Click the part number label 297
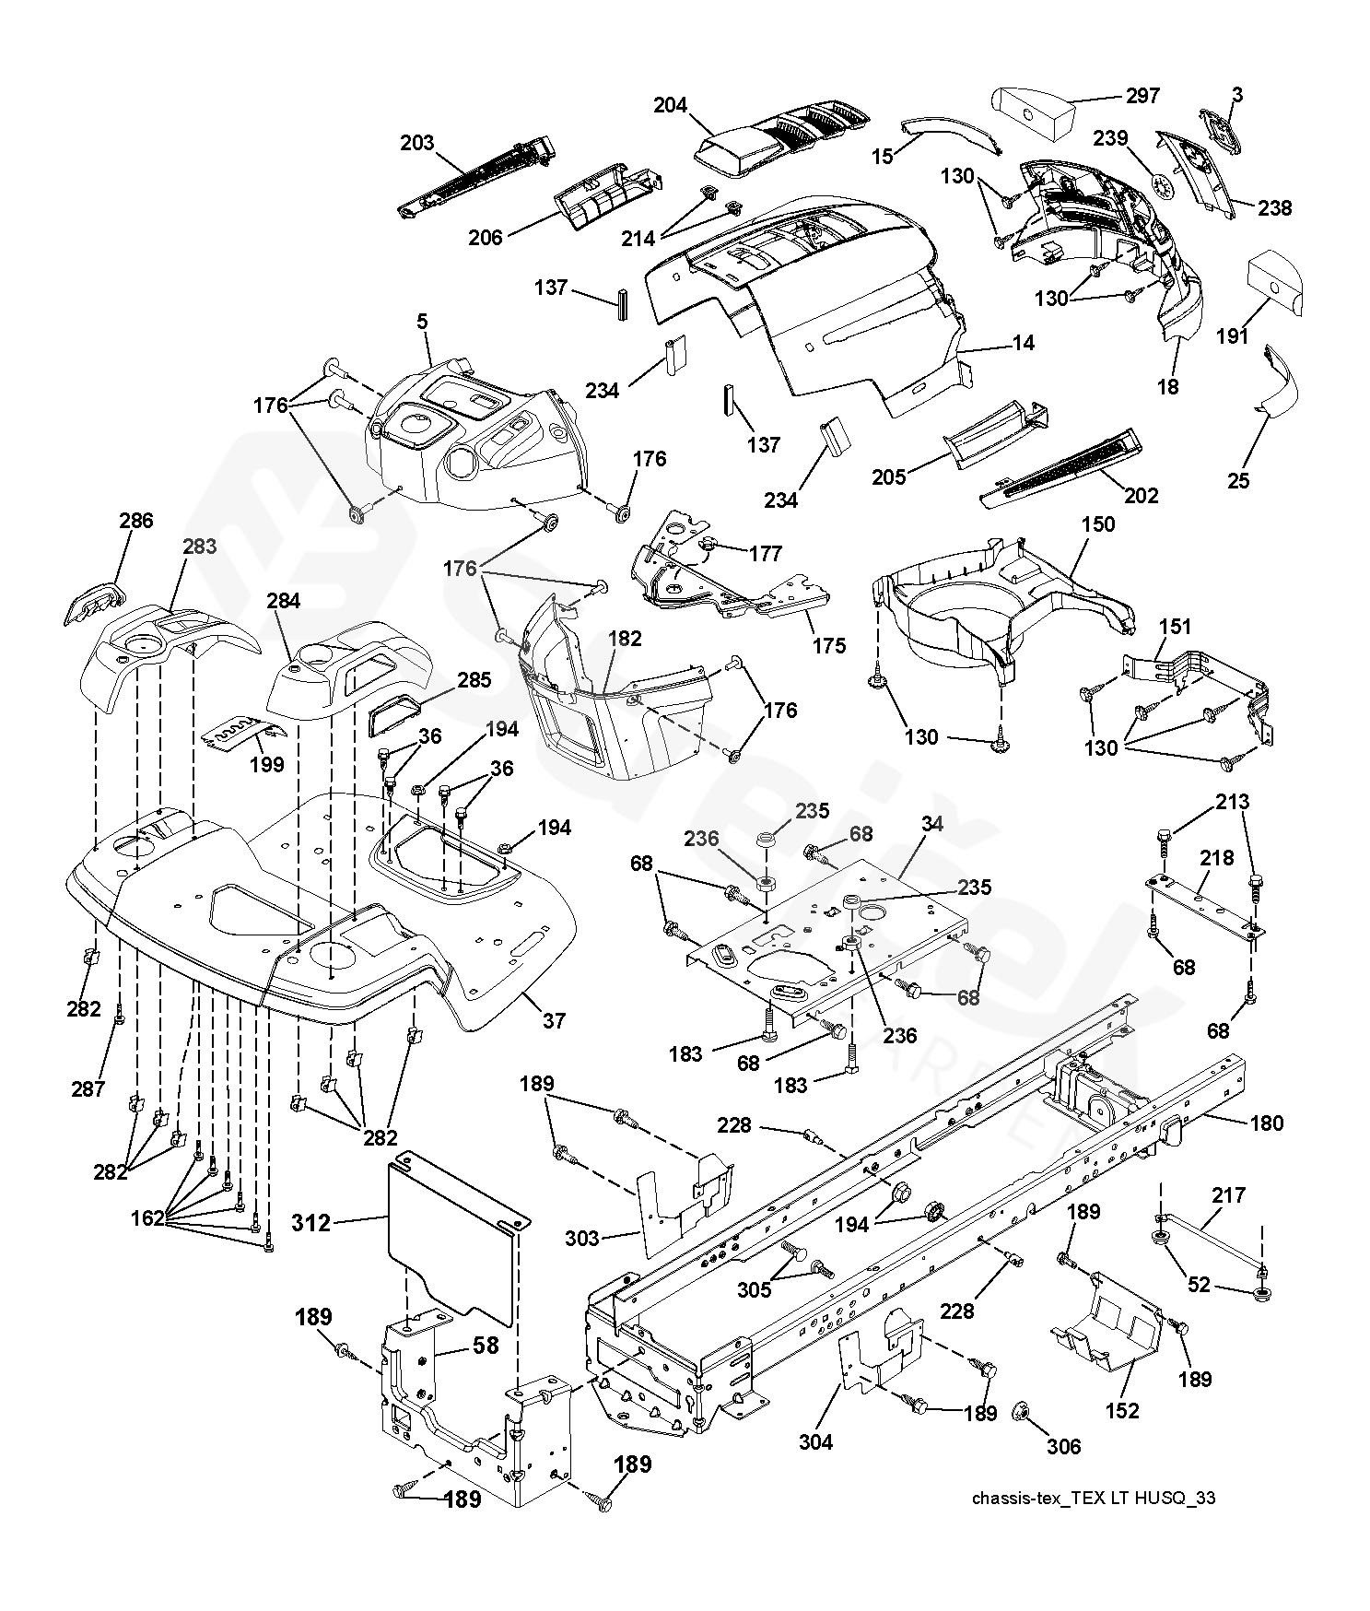pos(1142,96)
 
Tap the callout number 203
pos(416,143)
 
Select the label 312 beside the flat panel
pos(310,1223)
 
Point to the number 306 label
pos(1064,1446)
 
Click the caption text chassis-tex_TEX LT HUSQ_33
pos(1094,1498)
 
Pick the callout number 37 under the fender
pos(555,1020)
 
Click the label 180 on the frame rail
pos(1267,1123)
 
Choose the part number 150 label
pos(1097,523)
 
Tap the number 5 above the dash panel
pos(422,322)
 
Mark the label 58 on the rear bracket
pos(485,1345)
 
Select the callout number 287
pos(88,1088)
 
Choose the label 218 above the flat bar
pos(1216,858)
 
